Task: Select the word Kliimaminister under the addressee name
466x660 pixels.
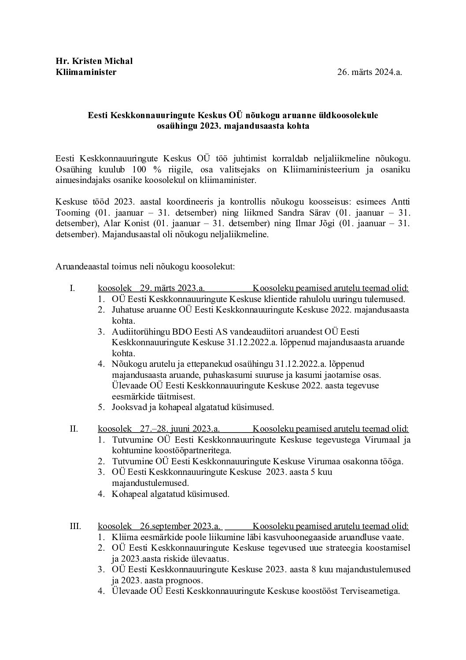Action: tap(86, 72)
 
